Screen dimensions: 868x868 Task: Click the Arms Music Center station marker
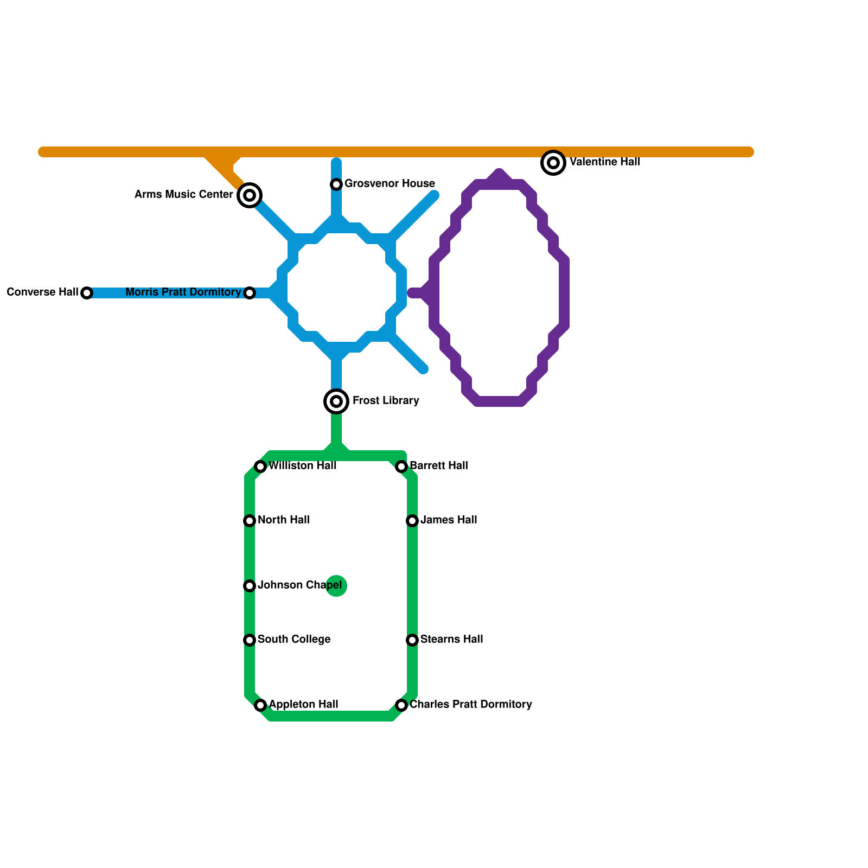point(250,195)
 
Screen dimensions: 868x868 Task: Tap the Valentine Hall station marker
point(553,162)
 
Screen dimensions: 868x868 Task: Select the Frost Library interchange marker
point(336,401)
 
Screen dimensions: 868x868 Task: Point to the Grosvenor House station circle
point(336,184)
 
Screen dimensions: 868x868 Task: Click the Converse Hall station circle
point(87,293)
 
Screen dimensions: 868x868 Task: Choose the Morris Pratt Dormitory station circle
point(250,293)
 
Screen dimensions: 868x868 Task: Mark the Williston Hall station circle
point(260,467)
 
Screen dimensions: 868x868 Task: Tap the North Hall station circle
point(250,521)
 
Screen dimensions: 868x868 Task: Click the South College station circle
point(250,640)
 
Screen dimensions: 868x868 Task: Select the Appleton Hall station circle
point(260,705)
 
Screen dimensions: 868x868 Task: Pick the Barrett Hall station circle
point(401,467)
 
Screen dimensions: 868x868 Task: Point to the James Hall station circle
point(412,521)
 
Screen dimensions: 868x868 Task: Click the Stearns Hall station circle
point(412,640)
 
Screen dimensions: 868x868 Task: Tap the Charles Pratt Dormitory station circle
point(401,705)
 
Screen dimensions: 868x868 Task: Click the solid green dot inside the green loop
point(336,586)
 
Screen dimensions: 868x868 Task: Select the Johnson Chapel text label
point(299,585)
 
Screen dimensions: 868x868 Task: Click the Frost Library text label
point(386,400)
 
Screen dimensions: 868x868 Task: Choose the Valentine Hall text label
point(605,162)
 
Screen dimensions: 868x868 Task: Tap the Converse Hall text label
point(42,292)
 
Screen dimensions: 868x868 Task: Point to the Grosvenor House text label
point(390,183)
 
